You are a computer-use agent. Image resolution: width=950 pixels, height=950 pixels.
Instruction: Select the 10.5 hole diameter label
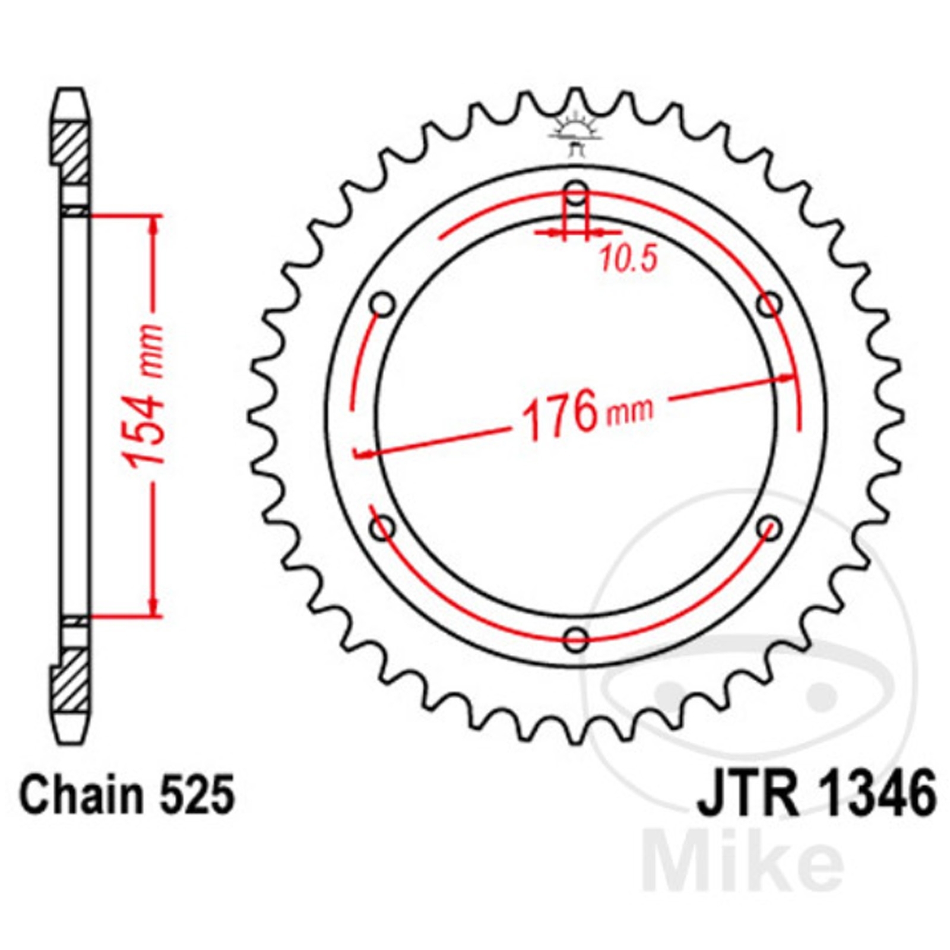click(x=628, y=259)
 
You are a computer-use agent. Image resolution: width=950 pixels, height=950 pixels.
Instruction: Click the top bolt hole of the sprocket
click(x=576, y=192)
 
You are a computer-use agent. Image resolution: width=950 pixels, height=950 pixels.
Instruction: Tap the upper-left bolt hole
click(x=382, y=305)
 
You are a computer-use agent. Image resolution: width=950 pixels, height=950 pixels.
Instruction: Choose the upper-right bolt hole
click(x=770, y=304)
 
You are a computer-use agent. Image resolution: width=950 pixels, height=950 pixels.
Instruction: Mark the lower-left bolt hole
click(x=382, y=527)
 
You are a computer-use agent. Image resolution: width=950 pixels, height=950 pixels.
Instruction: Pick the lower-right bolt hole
click(x=770, y=527)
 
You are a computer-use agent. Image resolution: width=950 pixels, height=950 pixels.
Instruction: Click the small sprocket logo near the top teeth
click(x=574, y=134)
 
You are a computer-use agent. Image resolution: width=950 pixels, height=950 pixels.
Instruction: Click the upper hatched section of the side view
click(x=72, y=151)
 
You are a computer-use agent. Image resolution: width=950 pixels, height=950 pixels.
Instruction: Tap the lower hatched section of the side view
click(x=72, y=680)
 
